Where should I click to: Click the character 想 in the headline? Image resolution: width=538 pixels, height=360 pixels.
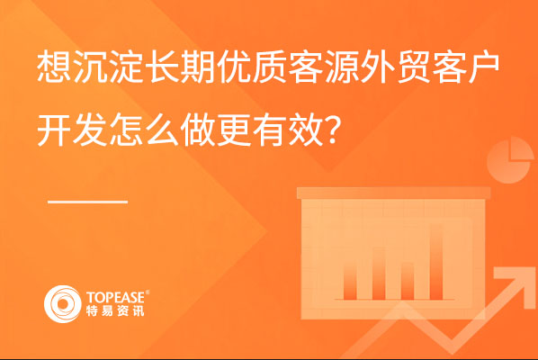pyautogui.click(x=54, y=67)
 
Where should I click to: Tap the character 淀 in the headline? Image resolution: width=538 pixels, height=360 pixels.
pyautogui.click(x=126, y=67)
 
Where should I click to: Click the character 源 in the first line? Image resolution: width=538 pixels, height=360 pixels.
pyautogui.click(x=343, y=67)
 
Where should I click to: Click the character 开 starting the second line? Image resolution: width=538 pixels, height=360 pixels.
pyautogui.click(x=54, y=130)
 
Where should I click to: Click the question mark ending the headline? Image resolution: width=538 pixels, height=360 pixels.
pyautogui.click(x=333, y=130)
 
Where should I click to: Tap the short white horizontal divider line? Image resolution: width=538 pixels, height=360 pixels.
pyautogui.click(x=88, y=202)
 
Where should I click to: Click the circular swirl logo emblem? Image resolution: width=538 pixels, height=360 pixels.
pyautogui.click(x=63, y=304)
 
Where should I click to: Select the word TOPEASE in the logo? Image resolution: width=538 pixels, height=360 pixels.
pyautogui.click(x=116, y=297)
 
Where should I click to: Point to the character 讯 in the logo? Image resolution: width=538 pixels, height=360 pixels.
pyautogui.click(x=138, y=310)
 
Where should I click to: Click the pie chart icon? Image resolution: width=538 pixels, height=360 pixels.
pyautogui.click(x=510, y=160)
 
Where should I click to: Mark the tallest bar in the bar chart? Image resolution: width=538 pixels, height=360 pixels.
pyautogui.click(x=436, y=262)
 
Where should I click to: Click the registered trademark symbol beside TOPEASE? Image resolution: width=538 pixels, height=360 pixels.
pyautogui.click(x=148, y=292)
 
